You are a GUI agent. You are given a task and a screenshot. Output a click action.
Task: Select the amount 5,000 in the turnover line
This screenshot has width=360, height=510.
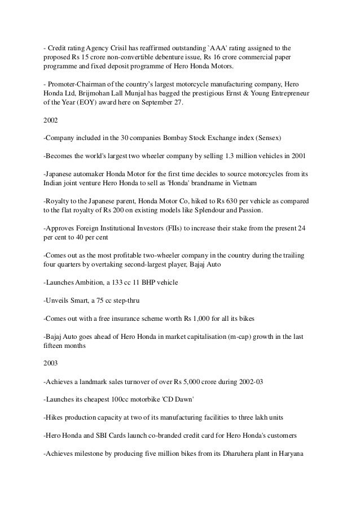(x=199, y=382)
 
